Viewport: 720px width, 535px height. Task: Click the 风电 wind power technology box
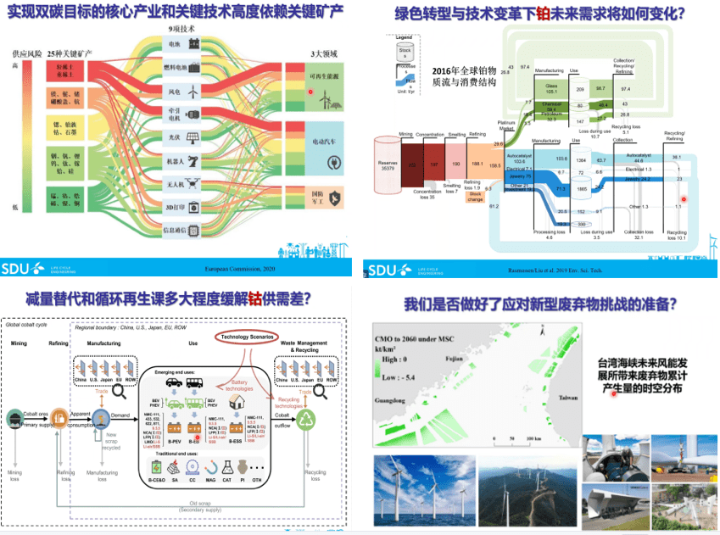[181, 91]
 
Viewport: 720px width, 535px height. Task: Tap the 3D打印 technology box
[181, 207]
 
